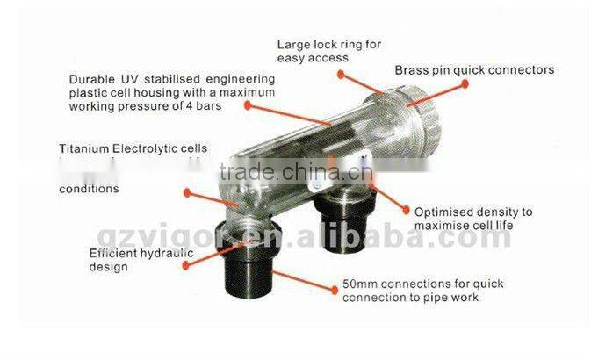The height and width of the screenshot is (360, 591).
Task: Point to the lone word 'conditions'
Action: coord(89,188)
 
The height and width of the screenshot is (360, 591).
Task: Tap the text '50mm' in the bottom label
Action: coord(358,285)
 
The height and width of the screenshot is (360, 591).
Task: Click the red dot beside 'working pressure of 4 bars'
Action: coord(247,106)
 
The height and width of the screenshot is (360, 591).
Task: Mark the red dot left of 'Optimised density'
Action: coord(406,211)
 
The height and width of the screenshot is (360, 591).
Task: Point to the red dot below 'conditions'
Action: coord(187,191)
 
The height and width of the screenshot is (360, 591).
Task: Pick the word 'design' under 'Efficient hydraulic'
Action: coord(105,266)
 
